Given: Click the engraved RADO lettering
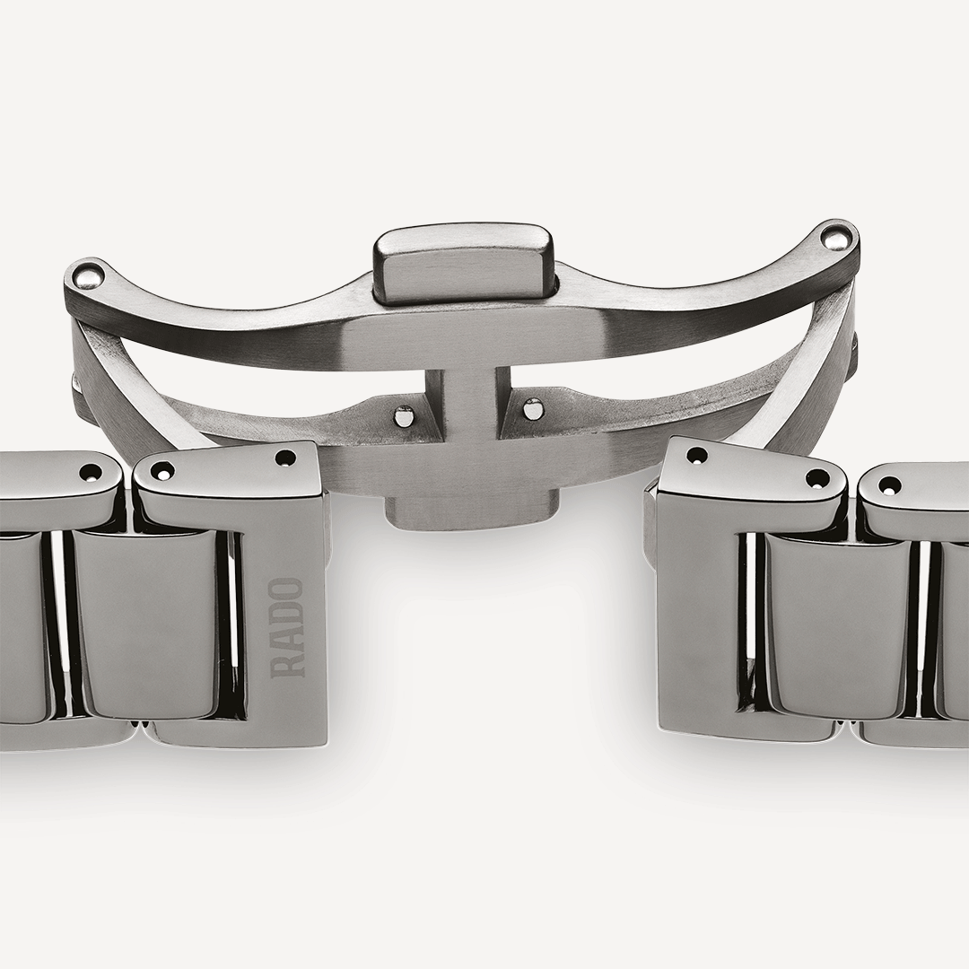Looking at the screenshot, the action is pos(288,627).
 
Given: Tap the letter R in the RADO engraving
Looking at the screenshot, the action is pos(288,666).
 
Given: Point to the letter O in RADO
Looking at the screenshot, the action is pos(288,589).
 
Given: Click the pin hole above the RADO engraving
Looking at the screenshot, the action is pos(285,458).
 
